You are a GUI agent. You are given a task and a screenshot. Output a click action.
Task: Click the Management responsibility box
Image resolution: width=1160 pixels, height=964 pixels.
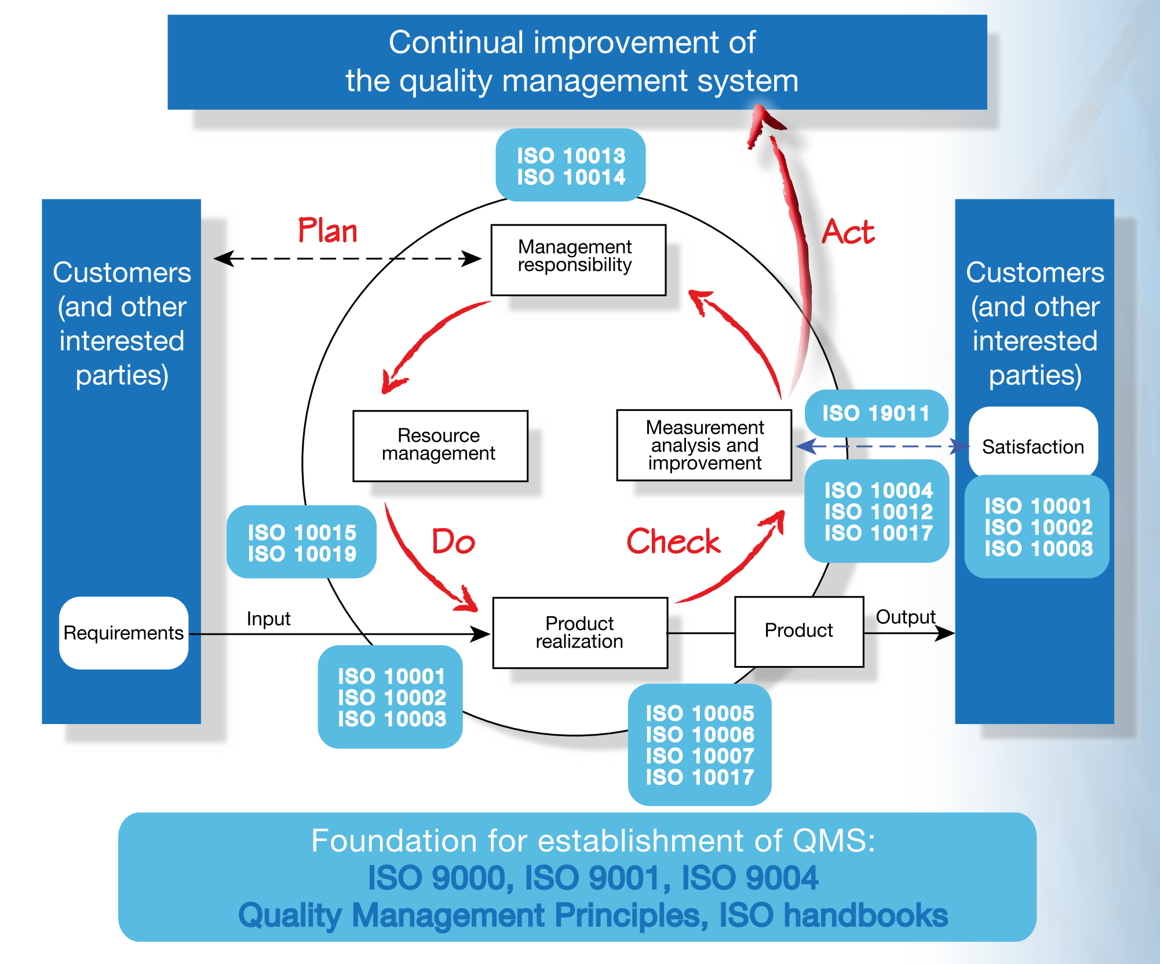tap(578, 260)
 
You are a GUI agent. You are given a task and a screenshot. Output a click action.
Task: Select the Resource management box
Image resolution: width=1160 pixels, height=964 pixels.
tap(440, 445)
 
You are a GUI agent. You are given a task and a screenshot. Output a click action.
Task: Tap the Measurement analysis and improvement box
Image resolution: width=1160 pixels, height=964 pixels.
tap(704, 445)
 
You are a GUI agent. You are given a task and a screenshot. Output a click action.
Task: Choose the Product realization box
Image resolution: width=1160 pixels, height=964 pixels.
tap(579, 632)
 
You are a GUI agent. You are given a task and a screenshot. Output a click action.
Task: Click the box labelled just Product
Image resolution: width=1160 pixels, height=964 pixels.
tap(798, 631)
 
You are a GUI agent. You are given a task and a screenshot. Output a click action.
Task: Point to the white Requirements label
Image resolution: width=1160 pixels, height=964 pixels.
tap(123, 632)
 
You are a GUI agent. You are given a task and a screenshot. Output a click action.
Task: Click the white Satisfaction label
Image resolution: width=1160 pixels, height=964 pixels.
tap(1033, 446)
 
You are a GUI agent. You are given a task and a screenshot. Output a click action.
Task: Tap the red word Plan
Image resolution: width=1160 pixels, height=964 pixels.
tap(327, 231)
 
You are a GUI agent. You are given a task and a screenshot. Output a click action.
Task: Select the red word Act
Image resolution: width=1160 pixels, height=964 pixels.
tap(848, 232)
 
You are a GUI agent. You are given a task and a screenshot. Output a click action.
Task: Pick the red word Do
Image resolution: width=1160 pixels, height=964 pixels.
tap(453, 542)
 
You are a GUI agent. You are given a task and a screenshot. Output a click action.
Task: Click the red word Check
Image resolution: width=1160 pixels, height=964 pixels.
tap(673, 542)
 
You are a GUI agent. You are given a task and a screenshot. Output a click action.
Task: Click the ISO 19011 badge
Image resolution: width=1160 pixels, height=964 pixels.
tap(876, 413)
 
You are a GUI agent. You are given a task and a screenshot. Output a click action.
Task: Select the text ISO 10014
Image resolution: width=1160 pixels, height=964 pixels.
tap(571, 177)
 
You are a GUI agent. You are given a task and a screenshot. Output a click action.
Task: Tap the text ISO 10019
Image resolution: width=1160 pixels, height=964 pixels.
tap(302, 554)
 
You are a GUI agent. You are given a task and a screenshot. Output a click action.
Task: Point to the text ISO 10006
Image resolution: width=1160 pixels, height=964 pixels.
tap(700, 735)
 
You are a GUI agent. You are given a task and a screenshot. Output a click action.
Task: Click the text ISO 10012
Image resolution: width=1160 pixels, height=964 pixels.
tap(878, 512)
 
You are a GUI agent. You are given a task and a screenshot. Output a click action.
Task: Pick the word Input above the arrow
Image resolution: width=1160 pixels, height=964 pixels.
tap(268, 619)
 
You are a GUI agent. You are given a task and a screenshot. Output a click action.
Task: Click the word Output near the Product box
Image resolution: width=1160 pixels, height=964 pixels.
tap(905, 617)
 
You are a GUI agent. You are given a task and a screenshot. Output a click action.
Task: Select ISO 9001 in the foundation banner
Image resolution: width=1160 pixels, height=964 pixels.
tap(592, 878)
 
